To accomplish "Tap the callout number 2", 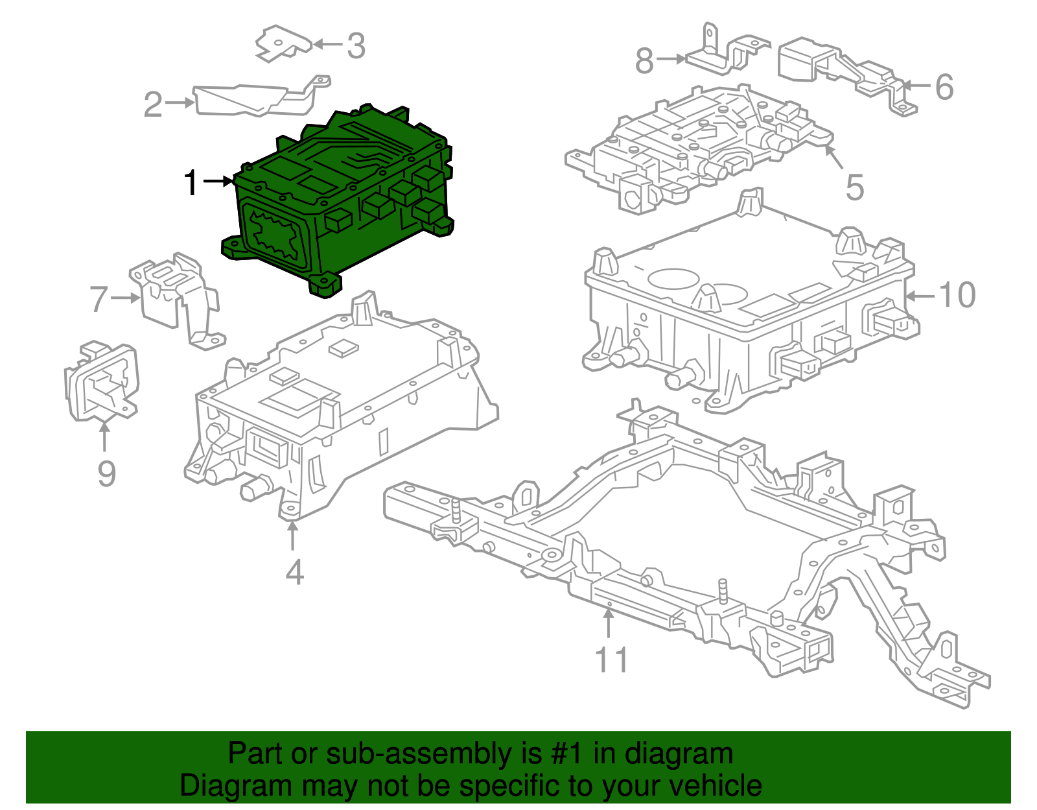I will coord(153,104).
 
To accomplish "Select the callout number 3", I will coord(356,46).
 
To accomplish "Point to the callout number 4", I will coord(294,572).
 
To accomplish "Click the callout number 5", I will coord(855,187).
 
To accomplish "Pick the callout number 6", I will coord(944,87).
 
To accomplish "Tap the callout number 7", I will coord(99,299).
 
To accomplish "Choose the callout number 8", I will coord(644,61).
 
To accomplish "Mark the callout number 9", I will coord(106,473).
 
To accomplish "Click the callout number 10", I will coord(957,295).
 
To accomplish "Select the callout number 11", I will coord(611,660).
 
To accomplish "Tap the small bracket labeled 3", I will coord(282,42).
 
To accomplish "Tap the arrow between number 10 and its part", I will coord(920,296).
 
